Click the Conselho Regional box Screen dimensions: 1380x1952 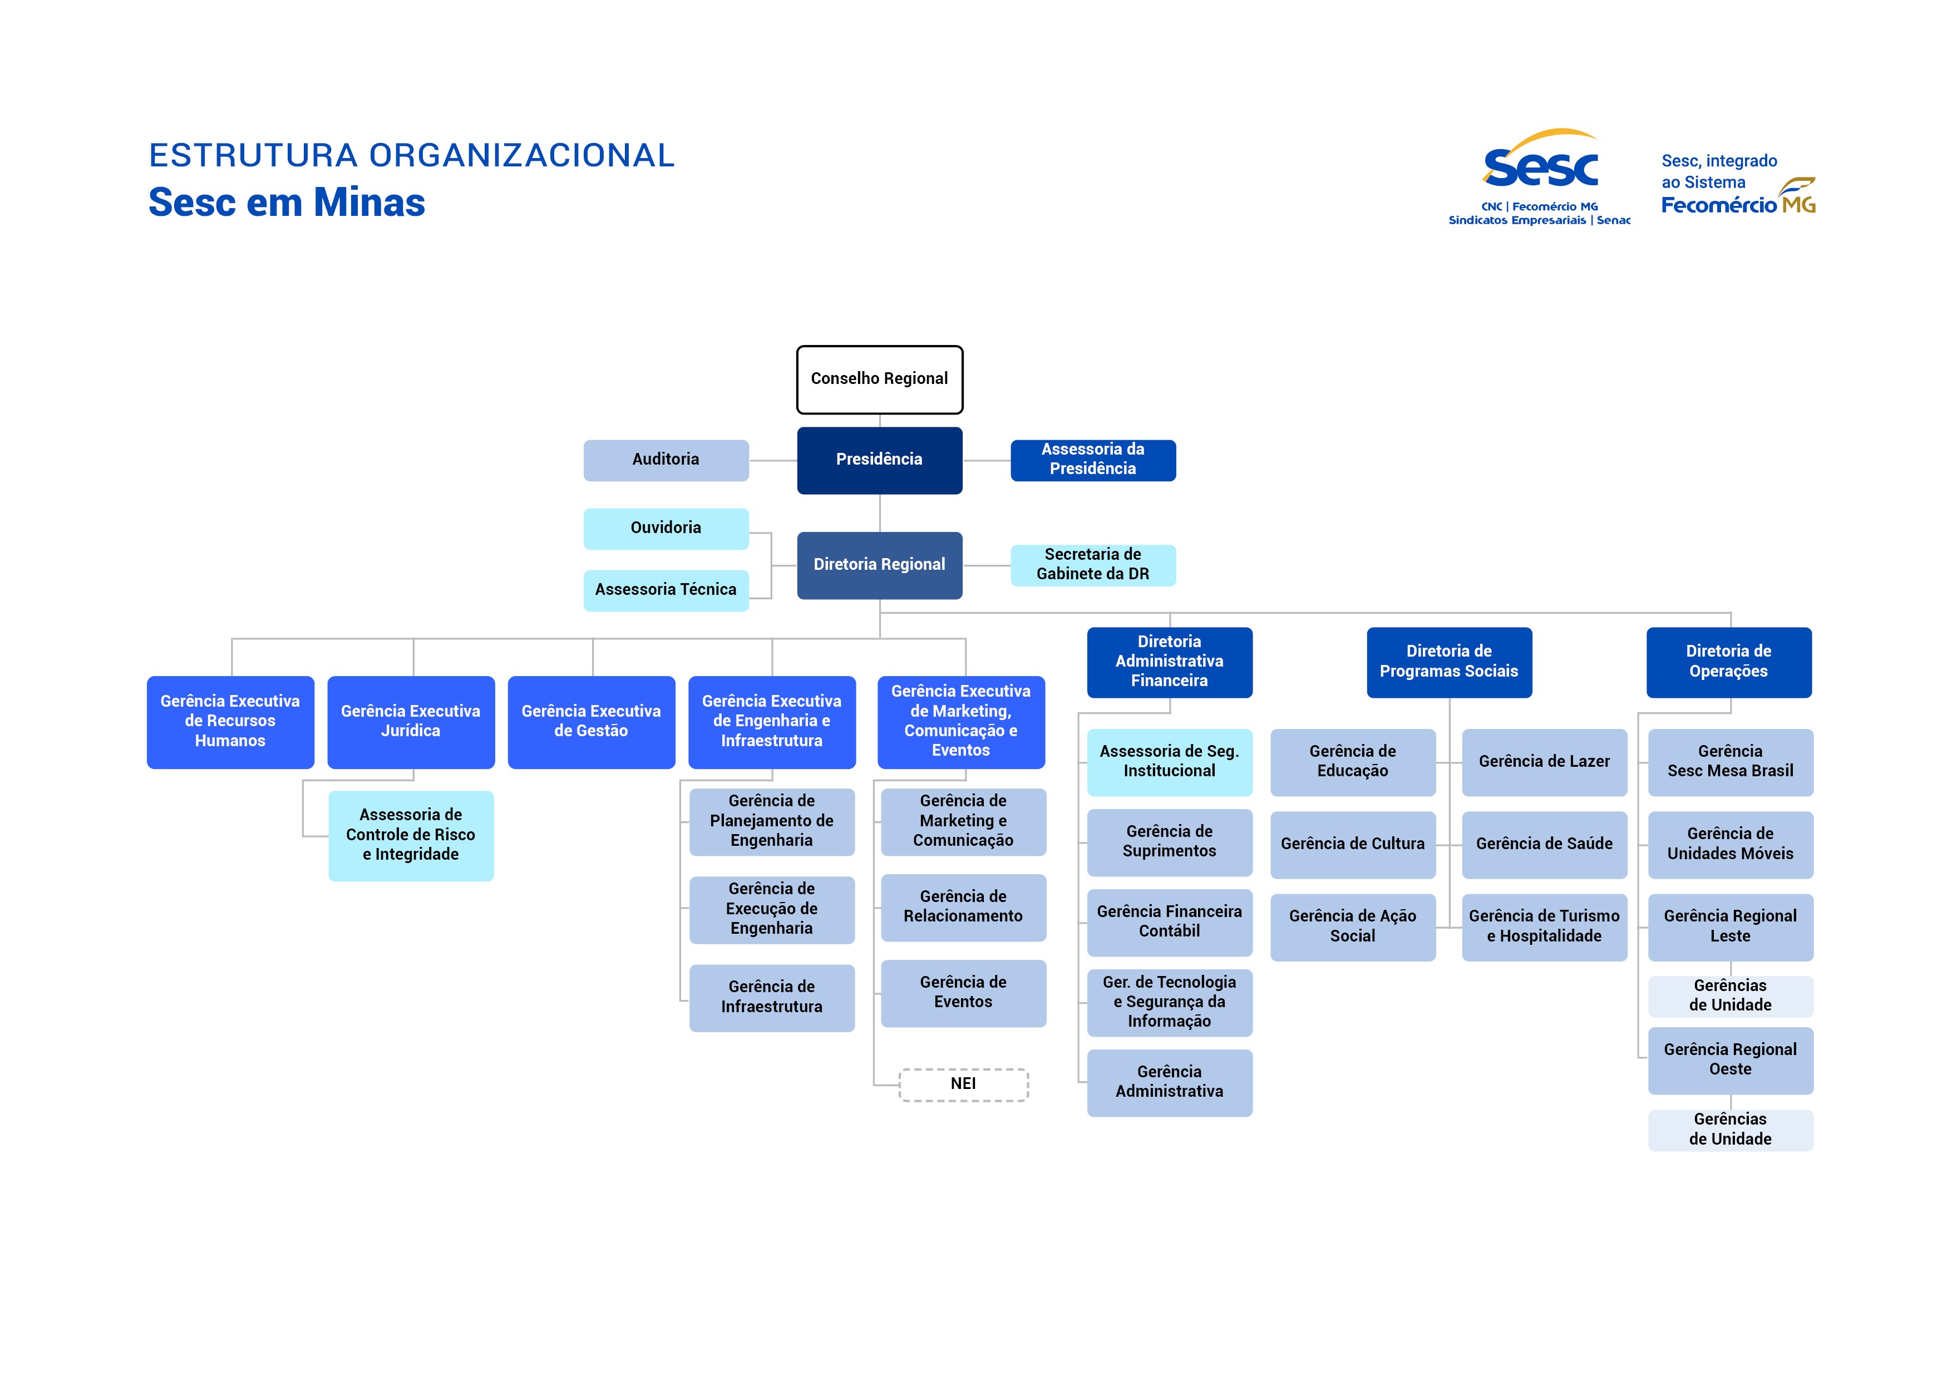click(x=879, y=379)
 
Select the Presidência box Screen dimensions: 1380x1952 click(x=879, y=460)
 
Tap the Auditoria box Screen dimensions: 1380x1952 click(x=666, y=460)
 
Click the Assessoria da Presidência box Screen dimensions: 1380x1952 click(x=1092, y=460)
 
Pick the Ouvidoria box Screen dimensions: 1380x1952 click(x=666, y=528)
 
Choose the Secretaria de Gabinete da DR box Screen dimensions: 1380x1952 click(x=1092, y=565)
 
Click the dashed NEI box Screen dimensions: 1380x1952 click(x=963, y=1084)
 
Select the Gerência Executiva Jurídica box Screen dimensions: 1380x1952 click(x=411, y=722)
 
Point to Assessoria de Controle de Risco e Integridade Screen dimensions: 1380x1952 click(x=411, y=835)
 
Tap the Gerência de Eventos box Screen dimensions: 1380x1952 click(x=963, y=992)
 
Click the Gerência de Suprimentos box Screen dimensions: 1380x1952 click(x=1169, y=842)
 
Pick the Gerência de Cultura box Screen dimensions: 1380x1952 click(x=1353, y=844)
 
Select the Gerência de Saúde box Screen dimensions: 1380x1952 click(x=1544, y=844)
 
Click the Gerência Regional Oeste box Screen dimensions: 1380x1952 click(x=1730, y=1060)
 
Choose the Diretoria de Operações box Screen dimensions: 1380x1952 click(x=1728, y=662)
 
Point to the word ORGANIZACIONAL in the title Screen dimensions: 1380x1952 click(x=521, y=156)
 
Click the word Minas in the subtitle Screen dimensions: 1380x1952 click(x=368, y=203)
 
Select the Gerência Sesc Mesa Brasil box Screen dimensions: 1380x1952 click(x=1730, y=762)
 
